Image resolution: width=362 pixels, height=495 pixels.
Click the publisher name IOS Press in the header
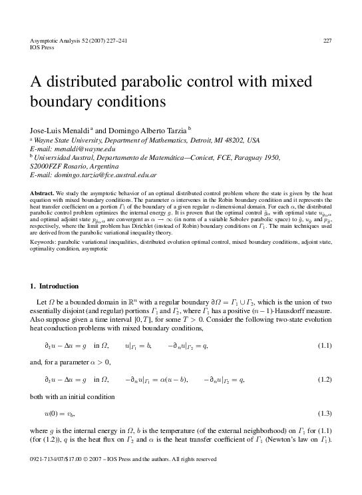click(43, 48)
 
